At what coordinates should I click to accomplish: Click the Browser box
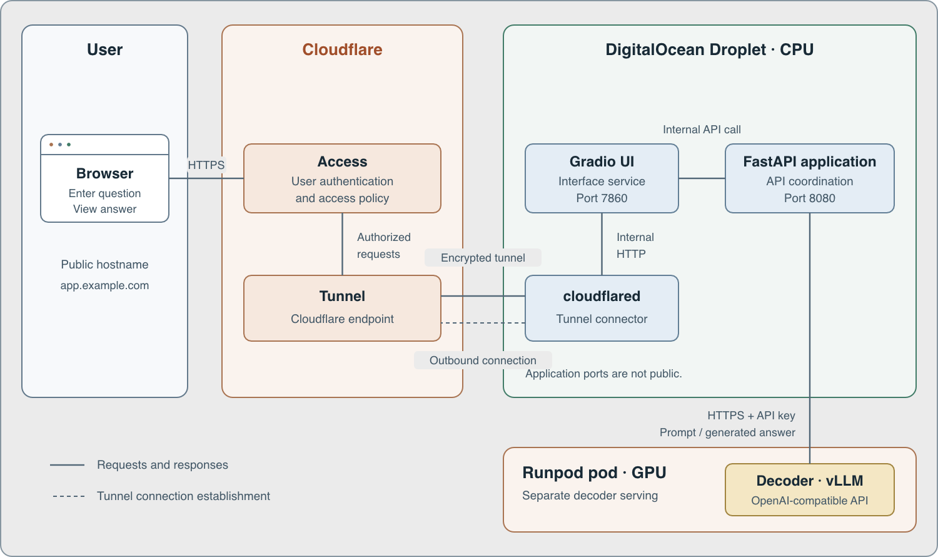104,178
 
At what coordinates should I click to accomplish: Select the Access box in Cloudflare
342,178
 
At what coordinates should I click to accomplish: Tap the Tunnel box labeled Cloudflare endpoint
342,308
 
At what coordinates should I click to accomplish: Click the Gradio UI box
602,178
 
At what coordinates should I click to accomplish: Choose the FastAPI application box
809,178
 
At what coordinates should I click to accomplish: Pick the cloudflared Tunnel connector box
602,308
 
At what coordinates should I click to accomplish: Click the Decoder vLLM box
809,489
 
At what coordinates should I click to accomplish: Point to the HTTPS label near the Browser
206,165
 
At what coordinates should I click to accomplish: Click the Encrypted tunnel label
483,258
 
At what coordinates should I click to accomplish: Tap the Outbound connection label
483,360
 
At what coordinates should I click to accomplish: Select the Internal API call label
702,130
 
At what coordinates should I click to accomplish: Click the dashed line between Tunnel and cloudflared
483,323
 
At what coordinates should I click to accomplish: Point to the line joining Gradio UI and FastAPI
702,178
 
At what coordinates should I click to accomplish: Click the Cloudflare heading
342,49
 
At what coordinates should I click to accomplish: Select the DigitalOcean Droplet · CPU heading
709,49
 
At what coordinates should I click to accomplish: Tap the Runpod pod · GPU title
594,473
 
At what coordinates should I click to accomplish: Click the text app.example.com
104,285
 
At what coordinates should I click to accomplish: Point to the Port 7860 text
602,198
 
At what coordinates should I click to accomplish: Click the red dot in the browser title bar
51,145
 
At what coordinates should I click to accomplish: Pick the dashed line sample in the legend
69,496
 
